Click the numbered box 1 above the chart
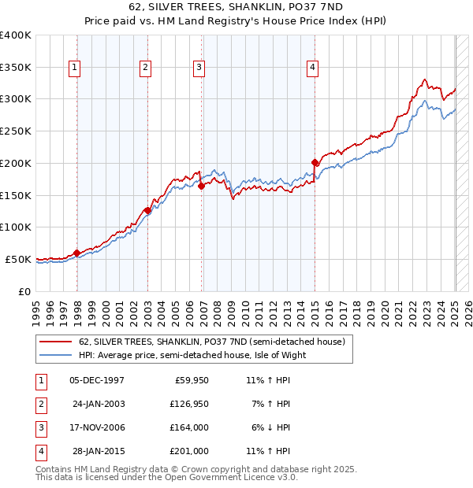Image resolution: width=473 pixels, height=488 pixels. tap(74, 68)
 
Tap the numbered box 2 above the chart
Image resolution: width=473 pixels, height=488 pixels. tap(146, 68)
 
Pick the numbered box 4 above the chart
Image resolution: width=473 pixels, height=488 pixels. tap(313, 68)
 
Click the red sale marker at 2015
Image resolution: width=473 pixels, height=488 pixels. tap(315, 163)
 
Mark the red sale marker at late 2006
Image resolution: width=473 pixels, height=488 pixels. tap(201, 187)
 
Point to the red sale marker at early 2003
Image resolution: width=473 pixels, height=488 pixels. tap(147, 210)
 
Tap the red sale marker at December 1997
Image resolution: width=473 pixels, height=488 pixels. tap(76, 253)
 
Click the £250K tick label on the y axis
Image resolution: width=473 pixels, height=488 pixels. tap(15, 131)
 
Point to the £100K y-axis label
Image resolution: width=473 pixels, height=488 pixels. tap(15, 227)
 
